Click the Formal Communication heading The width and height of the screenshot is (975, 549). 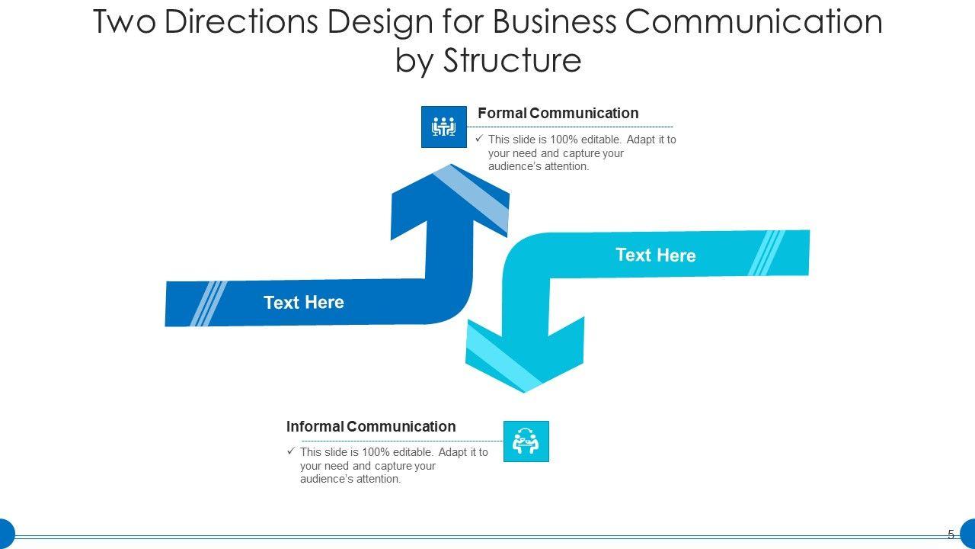[558, 114]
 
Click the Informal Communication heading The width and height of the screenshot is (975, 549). [371, 427]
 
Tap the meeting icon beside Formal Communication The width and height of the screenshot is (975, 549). [443, 127]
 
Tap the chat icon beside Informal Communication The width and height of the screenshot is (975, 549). [526, 441]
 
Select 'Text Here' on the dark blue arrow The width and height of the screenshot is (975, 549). [303, 303]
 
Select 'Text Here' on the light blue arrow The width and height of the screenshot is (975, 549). [655, 255]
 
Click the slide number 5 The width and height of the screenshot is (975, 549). [951, 535]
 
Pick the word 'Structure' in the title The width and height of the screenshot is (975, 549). [512, 60]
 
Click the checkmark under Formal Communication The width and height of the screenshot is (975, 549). [479, 139]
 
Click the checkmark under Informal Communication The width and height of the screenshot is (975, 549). [291, 451]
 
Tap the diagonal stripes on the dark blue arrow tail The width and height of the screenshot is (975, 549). [208, 303]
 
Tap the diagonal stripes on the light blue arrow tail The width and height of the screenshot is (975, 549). [766, 252]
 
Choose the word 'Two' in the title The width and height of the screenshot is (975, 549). [123, 22]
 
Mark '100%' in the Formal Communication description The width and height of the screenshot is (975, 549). [564, 140]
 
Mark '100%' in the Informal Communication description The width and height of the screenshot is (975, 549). [376, 452]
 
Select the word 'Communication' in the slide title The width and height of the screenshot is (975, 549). [754, 22]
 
